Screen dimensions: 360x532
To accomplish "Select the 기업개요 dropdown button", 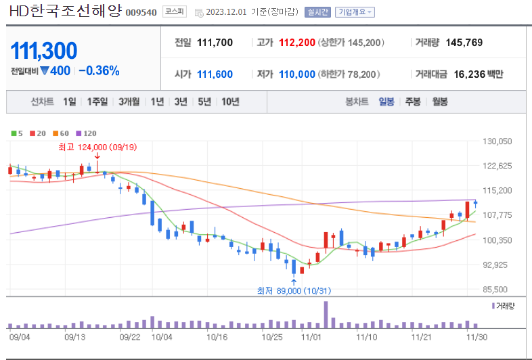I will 355,12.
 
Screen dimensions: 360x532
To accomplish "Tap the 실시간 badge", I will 317,12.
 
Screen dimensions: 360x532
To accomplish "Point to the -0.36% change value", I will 99,70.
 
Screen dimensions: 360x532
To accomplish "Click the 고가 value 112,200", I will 296,43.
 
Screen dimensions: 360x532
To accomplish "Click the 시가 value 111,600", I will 215,74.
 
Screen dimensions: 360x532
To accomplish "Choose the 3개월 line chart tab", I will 129,102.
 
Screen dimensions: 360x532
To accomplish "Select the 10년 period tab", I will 230,102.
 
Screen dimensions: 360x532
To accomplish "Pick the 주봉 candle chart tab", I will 413,102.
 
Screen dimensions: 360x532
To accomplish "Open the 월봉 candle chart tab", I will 440,102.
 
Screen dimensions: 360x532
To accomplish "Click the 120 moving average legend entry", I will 86,134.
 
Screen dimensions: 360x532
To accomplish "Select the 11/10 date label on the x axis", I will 366,336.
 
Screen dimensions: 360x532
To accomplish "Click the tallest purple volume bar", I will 326,314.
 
